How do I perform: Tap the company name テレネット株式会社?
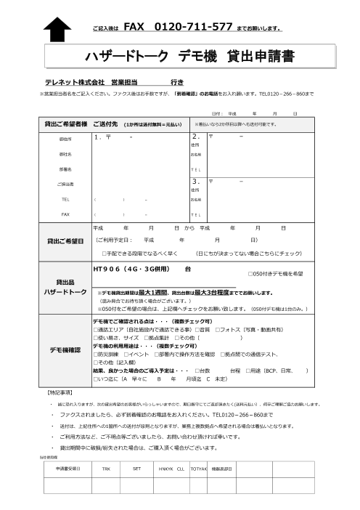click(x=75, y=81)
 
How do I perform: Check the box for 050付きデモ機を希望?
click(x=250, y=274)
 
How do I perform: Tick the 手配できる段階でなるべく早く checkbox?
click(x=105, y=254)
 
